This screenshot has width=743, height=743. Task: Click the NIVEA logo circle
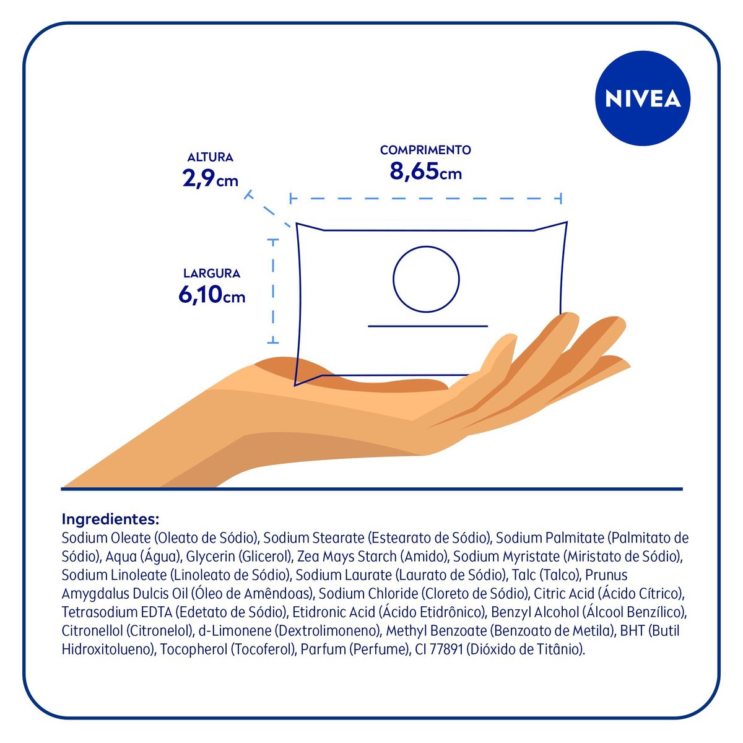642,99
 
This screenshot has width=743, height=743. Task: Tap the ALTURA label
211,157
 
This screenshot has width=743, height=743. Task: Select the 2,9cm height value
210,179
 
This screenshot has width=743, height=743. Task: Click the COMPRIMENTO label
425,150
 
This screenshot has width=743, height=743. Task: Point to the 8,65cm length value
425,171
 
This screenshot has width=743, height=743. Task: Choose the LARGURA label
212,273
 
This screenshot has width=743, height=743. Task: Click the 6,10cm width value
212,295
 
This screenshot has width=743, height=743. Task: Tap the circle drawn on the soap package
426,279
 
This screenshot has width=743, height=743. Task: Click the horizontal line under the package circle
428,325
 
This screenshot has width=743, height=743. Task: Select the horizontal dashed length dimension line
425,199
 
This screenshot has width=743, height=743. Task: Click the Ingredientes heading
111,518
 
